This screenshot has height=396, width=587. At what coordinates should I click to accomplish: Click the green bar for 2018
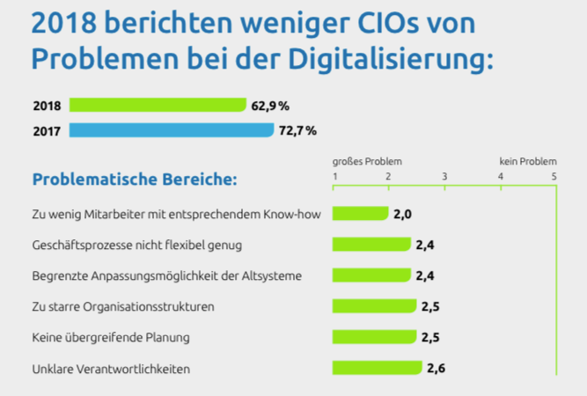(x=157, y=106)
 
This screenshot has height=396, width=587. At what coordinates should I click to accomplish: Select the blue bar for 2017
(x=171, y=130)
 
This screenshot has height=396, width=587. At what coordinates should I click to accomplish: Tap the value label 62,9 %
(x=270, y=106)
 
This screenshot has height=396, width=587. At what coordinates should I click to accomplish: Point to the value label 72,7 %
(x=298, y=130)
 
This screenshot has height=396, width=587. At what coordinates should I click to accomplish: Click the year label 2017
(x=47, y=130)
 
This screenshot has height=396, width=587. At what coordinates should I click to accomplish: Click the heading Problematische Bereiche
(x=135, y=180)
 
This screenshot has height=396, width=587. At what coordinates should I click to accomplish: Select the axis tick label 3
(x=444, y=177)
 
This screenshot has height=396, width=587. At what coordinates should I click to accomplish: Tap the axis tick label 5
(x=554, y=177)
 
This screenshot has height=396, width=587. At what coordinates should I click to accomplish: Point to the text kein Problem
(x=527, y=162)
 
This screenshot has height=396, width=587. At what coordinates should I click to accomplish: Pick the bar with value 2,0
(x=360, y=213)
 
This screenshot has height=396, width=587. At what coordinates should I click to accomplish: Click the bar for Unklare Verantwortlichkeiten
(x=377, y=368)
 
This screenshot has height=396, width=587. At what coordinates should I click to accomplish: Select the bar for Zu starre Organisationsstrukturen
(x=374, y=306)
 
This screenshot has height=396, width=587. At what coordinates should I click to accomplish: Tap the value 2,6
(x=436, y=368)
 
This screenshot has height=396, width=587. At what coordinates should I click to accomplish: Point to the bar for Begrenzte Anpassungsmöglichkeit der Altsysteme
(x=371, y=275)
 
